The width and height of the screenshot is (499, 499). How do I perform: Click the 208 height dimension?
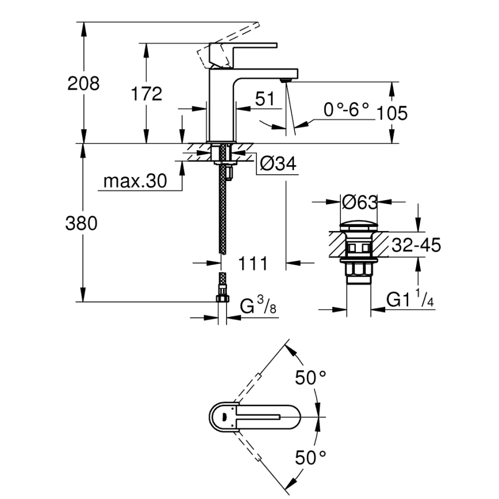[83, 84]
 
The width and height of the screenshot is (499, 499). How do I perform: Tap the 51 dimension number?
[265, 99]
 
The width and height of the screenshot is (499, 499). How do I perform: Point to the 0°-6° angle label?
[346, 109]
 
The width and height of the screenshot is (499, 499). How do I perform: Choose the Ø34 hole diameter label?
[278, 165]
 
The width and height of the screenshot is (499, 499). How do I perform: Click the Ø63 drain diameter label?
[359, 202]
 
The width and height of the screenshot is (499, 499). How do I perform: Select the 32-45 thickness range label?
[416, 245]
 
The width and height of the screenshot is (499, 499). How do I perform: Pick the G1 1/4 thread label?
[409, 300]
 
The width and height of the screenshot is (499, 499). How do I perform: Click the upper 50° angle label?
[310, 378]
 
